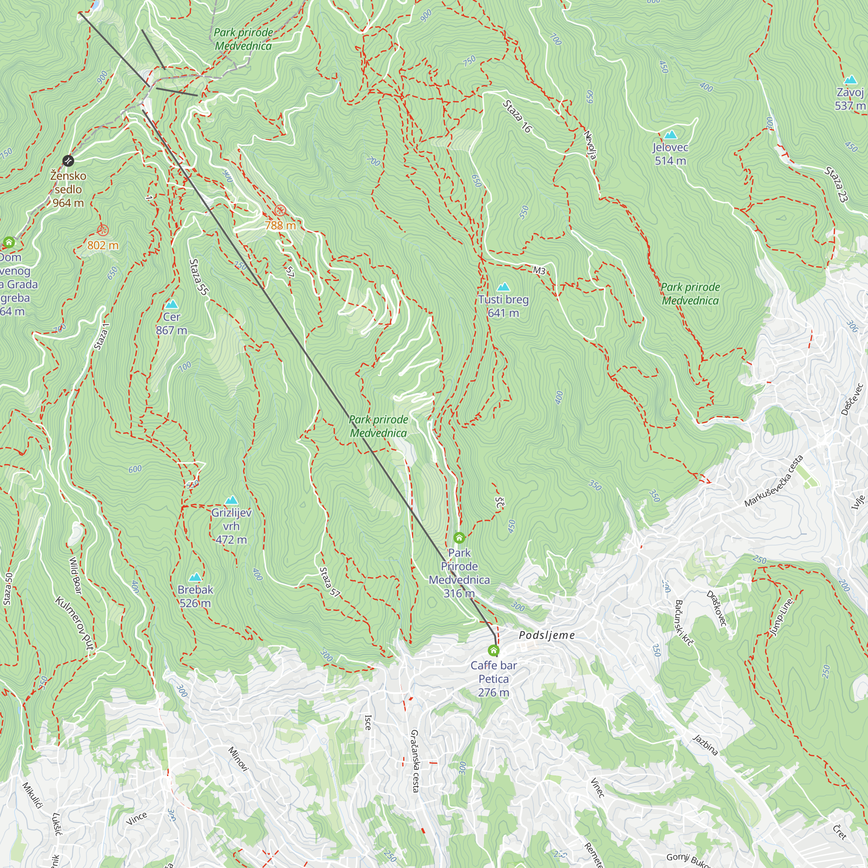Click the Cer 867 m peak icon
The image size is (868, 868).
point(171,305)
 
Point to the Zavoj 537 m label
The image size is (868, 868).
point(850,99)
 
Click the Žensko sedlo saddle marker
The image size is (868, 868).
point(68,161)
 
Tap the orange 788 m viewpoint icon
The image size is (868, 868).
point(280,210)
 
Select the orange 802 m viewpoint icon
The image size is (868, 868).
point(103,230)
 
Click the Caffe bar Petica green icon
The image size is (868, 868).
point(493,651)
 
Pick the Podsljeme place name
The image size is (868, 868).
point(546,635)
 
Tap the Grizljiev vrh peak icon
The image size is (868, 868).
point(231,500)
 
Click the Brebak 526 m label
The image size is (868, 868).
point(195,596)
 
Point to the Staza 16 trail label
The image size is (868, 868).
point(517,117)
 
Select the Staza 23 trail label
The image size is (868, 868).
point(836,184)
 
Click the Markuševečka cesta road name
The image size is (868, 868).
point(773,481)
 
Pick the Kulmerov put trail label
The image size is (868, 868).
point(75,623)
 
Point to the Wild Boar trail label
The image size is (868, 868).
point(76,575)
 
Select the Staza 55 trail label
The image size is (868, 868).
point(199,277)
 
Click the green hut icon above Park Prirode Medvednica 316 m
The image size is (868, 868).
point(459,537)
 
